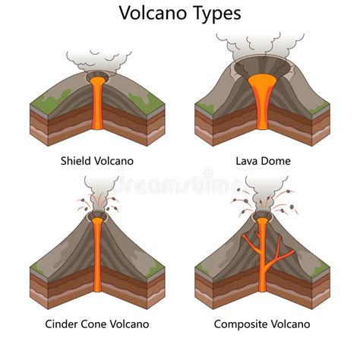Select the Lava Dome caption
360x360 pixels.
tap(263, 162)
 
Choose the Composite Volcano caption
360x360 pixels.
tap(262, 324)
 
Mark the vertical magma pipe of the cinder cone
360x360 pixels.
tap(97, 258)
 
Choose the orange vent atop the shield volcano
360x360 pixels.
tap(96, 79)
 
